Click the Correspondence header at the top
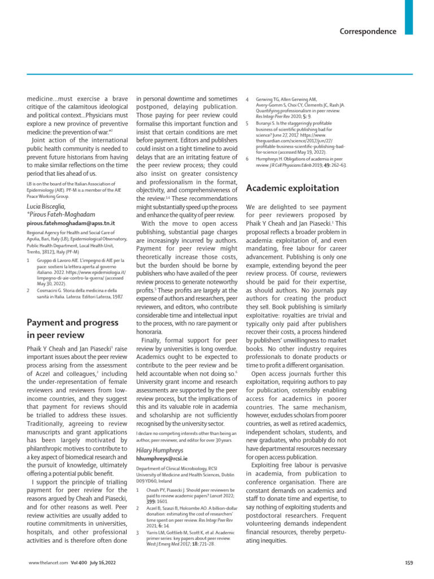(x=368, y=31)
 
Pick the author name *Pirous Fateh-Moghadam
(x=60, y=215)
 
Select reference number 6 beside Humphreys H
(x=248, y=159)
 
